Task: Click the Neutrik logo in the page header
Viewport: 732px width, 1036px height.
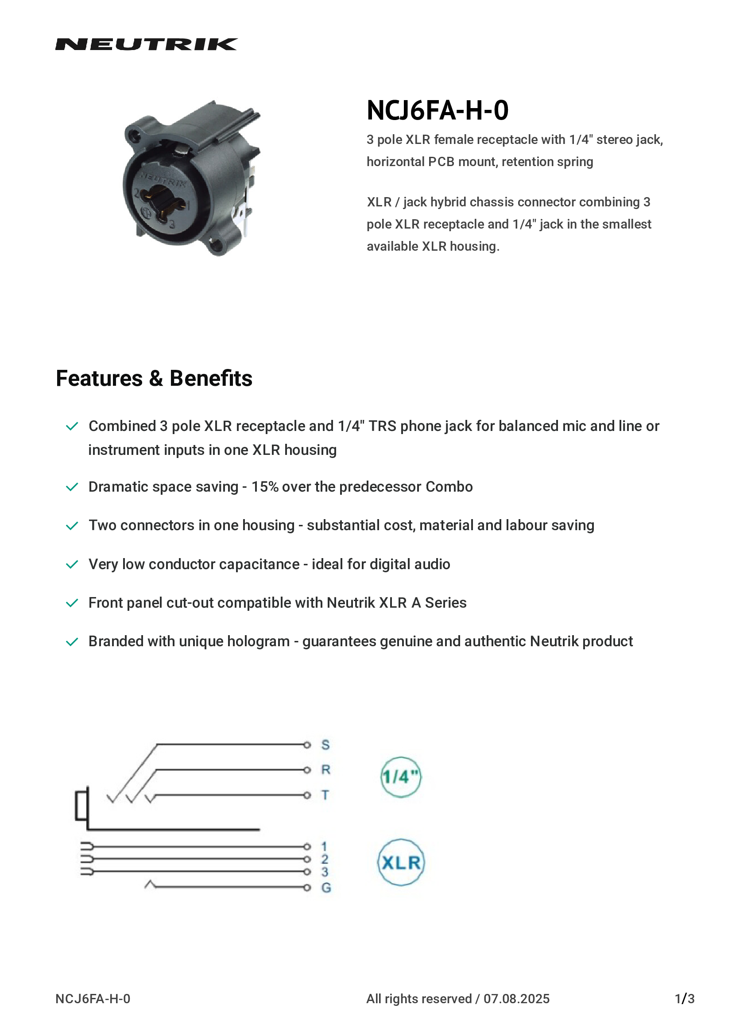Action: pos(146,44)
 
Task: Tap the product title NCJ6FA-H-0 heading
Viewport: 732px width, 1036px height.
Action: pos(437,110)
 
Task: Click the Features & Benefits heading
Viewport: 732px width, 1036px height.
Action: pos(154,378)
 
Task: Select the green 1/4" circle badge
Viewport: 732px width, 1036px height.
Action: pos(400,776)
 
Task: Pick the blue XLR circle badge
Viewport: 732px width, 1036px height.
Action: pos(400,862)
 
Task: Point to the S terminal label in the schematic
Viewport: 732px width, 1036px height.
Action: pos(325,745)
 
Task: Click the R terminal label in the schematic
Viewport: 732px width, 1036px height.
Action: pos(325,770)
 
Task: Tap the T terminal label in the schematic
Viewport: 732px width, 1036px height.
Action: pos(325,795)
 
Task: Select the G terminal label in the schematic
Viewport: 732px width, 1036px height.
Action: pos(325,888)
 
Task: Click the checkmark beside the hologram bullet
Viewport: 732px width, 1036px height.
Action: pos(72,642)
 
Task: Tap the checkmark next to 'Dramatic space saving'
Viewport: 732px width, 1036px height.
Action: pos(72,487)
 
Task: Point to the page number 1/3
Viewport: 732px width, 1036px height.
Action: pos(684,999)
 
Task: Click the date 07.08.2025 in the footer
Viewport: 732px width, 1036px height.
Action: pos(516,999)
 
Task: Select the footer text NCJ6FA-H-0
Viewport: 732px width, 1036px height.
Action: pos(93,999)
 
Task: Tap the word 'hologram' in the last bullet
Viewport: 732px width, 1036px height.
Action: pos(259,642)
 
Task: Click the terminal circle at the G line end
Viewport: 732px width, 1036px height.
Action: pos(307,888)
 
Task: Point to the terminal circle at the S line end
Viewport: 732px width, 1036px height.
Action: pos(307,745)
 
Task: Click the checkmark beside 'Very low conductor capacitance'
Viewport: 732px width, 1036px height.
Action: pos(72,564)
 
